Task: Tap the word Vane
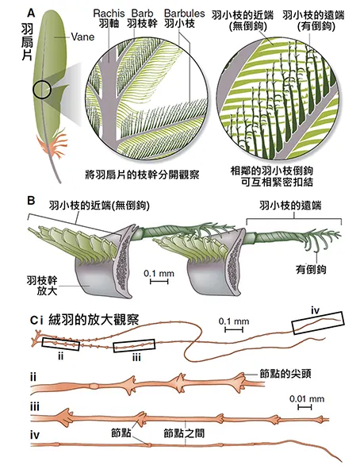72,37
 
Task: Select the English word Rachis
106,13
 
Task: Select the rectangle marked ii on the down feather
62,343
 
